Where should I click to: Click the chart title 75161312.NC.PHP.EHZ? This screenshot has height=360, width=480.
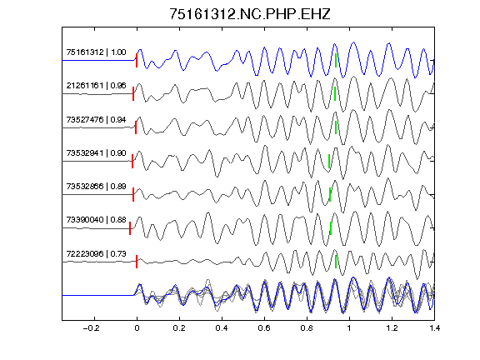click(x=250, y=14)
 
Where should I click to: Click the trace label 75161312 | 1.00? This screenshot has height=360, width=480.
click(x=96, y=52)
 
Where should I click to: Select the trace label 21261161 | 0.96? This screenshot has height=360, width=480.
click(x=96, y=85)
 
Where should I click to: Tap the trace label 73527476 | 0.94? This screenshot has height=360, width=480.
click(x=96, y=119)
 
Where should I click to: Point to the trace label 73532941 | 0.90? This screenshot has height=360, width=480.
click(x=96, y=152)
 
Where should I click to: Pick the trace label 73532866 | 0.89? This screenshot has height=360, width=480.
click(x=96, y=186)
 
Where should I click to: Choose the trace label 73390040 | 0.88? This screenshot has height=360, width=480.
click(x=96, y=219)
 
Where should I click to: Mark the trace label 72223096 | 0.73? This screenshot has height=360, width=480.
click(x=96, y=254)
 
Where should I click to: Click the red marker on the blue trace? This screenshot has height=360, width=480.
click(x=137, y=60)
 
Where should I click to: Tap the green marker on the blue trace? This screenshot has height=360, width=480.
click(x=336, y=60)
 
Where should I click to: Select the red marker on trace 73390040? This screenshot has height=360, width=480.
click(x=130, y=228)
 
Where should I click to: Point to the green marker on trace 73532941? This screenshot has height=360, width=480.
click(x=329, y=162)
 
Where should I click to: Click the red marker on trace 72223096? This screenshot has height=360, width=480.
click(x=137, y=262)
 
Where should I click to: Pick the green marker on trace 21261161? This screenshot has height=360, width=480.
click(x=335, y=93)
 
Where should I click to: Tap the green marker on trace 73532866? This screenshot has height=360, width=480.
click(x=330, y=195)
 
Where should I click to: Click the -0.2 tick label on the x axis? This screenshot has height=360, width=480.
click(x=91, y=328)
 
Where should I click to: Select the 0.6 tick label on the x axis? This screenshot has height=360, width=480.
click(x=264, y=328)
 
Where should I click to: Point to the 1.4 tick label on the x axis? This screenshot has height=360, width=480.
click(x=434, y=328)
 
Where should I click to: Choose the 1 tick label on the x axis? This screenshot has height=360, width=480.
click(x=349, y=328)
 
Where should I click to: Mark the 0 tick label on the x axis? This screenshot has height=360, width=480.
click(x=137, y=328)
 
